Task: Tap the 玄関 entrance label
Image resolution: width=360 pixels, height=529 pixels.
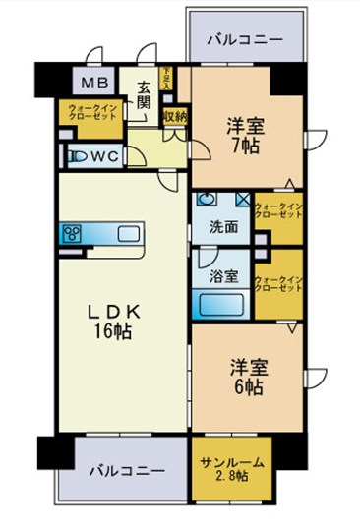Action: pyautogui.click(x=146, y=94)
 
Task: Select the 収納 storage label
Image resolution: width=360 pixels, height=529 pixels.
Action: pyautogui.click(x=175, y=116)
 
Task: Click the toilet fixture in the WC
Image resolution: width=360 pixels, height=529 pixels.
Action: pyautogui.click(x=75, y=155)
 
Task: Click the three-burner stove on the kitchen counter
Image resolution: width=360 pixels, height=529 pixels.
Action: pyautogui.click(x=72, y=233)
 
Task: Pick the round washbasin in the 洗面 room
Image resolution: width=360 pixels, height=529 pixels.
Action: pyautogui.click(x=207, y=199)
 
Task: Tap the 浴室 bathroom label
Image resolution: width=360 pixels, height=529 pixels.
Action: pyautogui.click(x=222, y=276)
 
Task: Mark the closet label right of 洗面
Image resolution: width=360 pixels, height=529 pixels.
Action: pyautogui.click(x=278, y=211)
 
